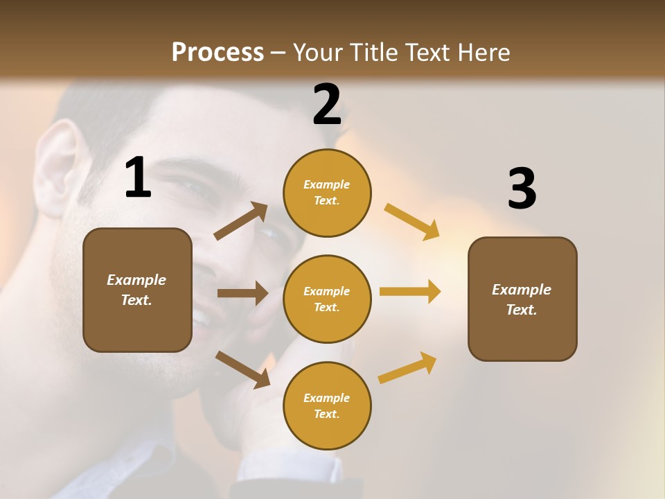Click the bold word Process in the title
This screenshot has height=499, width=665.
218,53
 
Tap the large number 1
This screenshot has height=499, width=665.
138,177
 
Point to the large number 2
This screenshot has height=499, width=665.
327,105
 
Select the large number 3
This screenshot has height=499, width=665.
522,189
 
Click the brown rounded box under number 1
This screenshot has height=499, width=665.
137,290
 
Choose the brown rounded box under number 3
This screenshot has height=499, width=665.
522,299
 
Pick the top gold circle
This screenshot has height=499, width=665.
327,193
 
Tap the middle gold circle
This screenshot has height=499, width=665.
327,299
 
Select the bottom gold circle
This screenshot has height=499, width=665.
327,405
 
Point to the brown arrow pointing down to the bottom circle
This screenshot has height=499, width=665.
242,369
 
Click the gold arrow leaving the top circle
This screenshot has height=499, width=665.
411,222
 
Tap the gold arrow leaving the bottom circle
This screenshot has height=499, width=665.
408,367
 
